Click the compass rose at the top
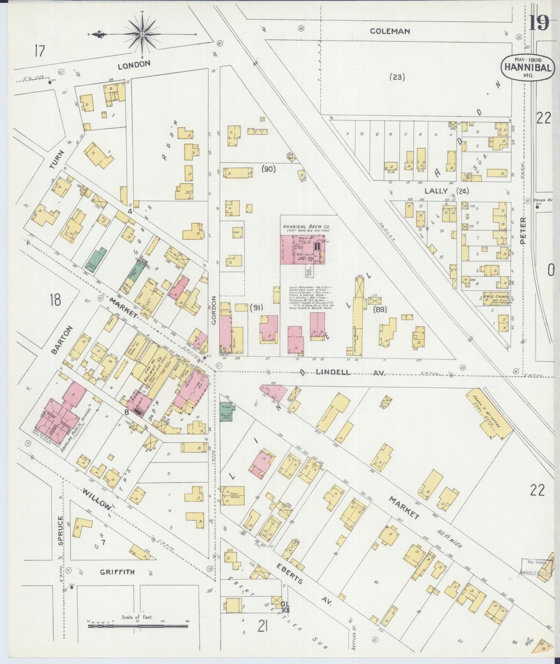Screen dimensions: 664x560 (x=142, y=34)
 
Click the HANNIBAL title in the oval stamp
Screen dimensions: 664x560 (x=527, y=67)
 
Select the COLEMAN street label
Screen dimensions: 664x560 (x=389, y=31)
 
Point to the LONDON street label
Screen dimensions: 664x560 (x=134, y=65)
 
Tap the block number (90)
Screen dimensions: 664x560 (x=268, y=169)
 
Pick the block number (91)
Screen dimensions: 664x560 (x=256, y=308)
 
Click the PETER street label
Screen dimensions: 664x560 (x=524, y=230)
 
